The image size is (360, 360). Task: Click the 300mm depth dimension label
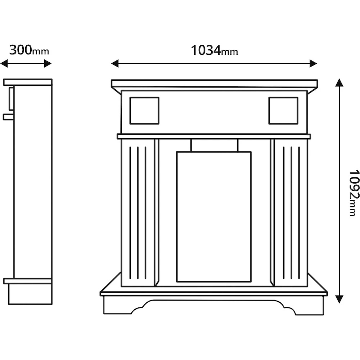29,50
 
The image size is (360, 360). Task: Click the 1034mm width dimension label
214,50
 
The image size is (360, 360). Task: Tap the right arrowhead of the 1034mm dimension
313,64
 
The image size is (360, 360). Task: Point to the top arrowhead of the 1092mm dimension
339,83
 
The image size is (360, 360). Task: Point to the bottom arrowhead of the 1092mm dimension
339,299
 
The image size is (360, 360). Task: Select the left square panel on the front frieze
144,111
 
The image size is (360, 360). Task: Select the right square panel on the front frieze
283,111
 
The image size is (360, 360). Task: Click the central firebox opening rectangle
214,217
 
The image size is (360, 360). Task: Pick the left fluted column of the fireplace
138,212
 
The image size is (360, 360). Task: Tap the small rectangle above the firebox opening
214,145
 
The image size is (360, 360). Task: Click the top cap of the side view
28,82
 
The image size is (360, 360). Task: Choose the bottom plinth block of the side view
30,294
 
